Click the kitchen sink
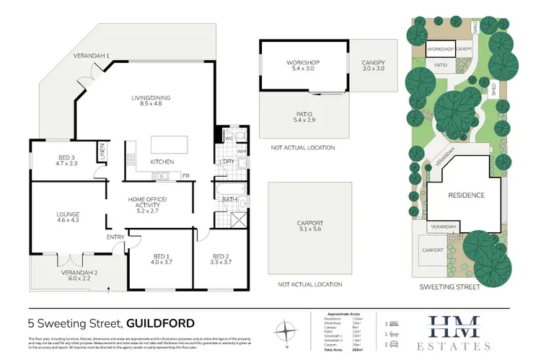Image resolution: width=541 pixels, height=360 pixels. pyautogui.click(x=163, y=175)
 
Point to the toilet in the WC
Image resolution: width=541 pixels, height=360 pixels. pyautogui.click(x=241, y=135)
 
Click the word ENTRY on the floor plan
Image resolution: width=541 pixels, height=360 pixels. pyautogui.click(x=115, y=237)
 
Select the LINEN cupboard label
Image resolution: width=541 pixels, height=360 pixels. pyautogui.click(x=102, y=152)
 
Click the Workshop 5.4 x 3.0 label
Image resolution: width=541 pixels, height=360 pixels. pyautogui.click(x=302, y=66)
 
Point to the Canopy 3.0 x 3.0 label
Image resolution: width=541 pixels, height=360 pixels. pyautogui.click(x=373, y=66)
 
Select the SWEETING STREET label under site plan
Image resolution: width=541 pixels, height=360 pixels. pyautogui.click(x=459, y=286)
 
